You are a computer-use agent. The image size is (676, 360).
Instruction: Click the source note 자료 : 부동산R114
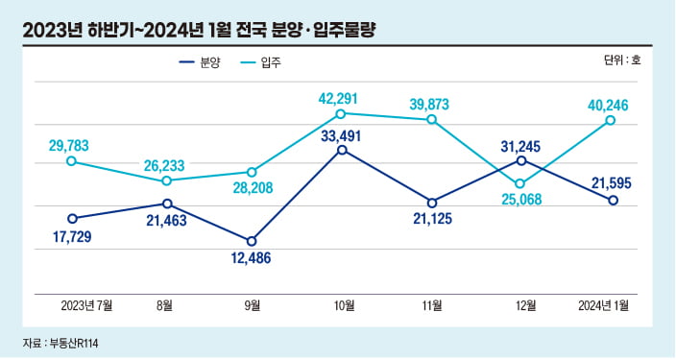(62, 342)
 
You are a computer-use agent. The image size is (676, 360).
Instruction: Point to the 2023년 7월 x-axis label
(86, 306)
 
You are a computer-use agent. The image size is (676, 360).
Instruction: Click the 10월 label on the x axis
(344, 306)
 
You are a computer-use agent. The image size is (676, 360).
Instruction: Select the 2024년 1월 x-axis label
(606, 306)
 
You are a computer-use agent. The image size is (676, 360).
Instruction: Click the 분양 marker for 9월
(253, 241)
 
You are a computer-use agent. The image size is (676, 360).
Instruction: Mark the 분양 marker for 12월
(520, 160)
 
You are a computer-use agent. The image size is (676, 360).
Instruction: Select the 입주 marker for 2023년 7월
(72, 161)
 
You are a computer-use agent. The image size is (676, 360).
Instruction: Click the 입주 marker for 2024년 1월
(611, 120)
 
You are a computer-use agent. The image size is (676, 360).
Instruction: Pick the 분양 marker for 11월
(432, 203)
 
